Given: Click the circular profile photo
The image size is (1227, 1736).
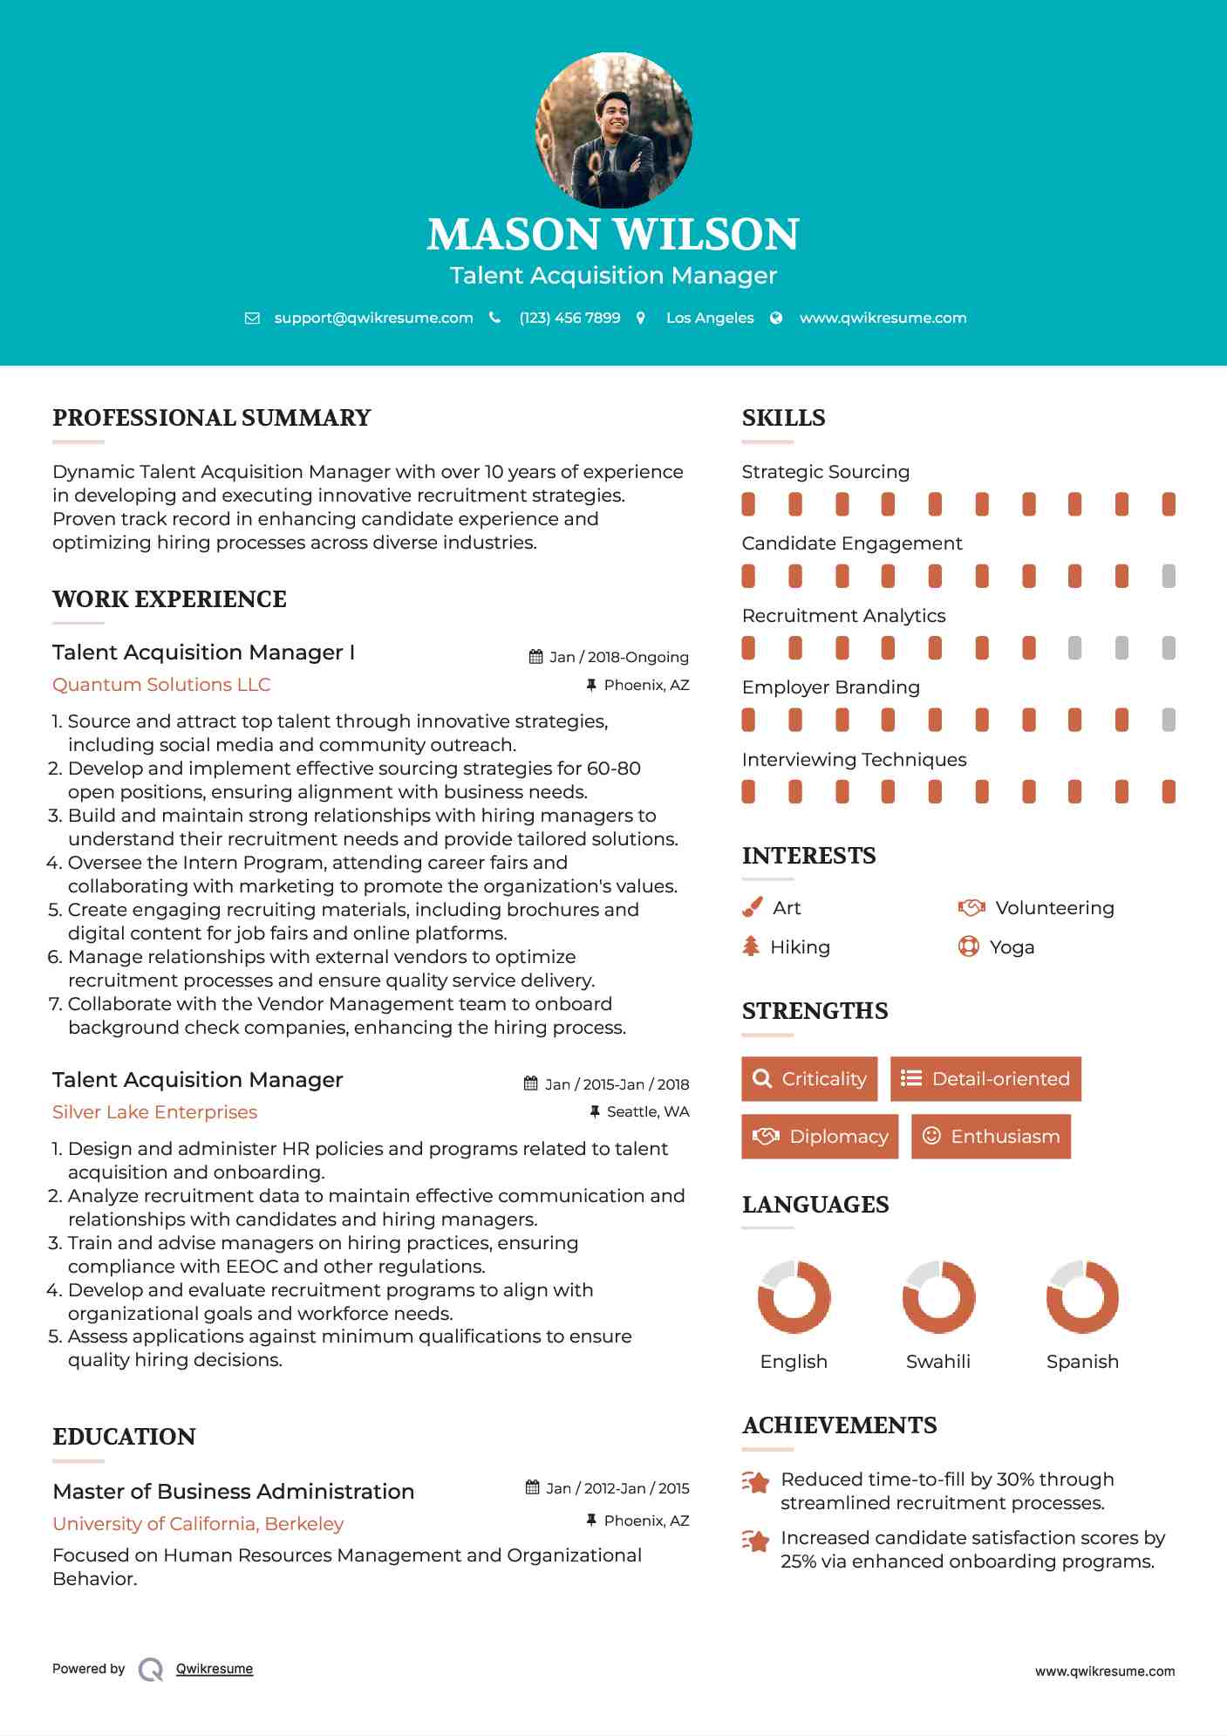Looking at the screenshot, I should coord(613,131).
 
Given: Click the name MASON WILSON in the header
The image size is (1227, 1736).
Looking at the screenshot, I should coord(613,235).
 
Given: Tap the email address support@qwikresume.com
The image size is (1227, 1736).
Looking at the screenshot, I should coord(373,318).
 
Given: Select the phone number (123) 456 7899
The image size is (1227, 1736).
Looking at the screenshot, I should coord(569,318).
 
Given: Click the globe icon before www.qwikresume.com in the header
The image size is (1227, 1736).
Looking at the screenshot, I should coord(776,318).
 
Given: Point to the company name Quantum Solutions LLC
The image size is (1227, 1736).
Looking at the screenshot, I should coord(161,685).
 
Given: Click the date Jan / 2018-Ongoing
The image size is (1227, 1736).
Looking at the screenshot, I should coord(618,657).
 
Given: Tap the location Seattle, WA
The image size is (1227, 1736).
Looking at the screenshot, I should coord(647,1111).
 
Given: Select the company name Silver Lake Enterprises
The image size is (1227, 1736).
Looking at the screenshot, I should coord(154,1112).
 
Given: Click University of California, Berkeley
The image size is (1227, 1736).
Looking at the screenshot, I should coord(198,1524).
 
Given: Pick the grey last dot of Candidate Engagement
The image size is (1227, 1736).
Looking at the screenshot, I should coord(1169,576).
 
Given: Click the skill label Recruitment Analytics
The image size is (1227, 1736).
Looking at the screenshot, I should coord(843,616).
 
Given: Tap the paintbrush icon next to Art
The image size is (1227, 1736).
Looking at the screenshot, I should coord(752,908).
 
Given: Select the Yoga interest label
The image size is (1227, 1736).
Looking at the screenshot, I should coord(1012,947).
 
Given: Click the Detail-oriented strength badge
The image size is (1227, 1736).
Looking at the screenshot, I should coord(985,1079).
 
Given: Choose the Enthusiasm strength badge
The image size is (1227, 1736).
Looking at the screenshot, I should coord(991,1137).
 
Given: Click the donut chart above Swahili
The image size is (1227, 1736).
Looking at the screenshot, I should coord(938,1297).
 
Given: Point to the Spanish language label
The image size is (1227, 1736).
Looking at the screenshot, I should coord(1082,1362).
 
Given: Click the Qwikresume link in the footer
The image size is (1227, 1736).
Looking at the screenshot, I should coord(215,1669).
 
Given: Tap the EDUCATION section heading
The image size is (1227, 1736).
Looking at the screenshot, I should coord(124,1437).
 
